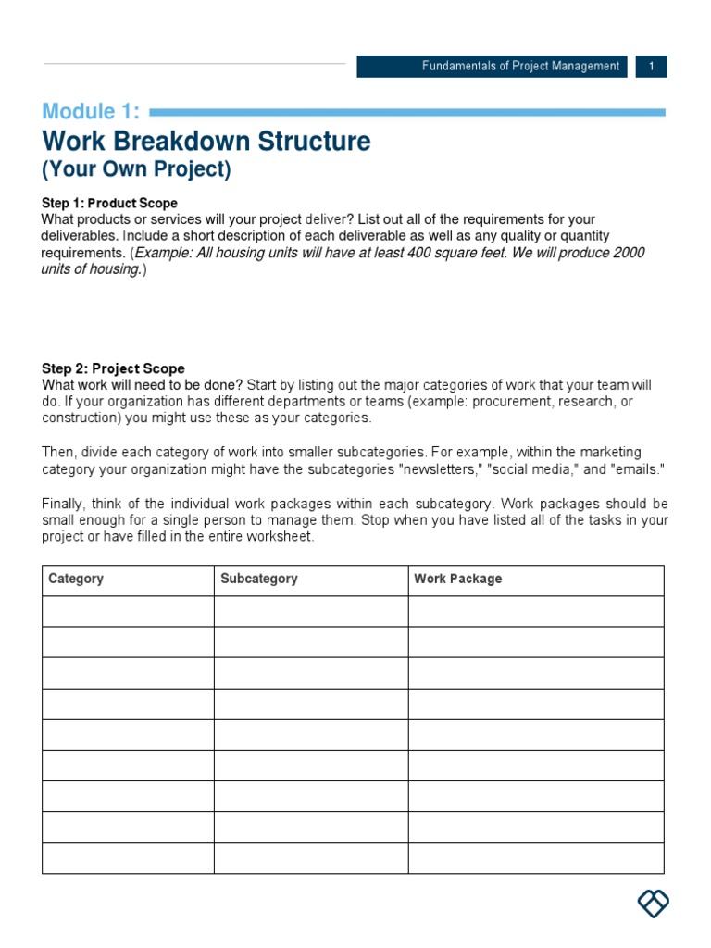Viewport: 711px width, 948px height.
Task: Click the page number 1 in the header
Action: (652, 67)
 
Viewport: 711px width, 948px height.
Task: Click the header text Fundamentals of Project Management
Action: (521, 67)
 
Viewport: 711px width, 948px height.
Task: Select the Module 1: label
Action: (91, 113)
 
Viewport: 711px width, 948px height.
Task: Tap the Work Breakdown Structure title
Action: (206, 142)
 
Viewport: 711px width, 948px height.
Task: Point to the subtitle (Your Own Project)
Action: (136, 170)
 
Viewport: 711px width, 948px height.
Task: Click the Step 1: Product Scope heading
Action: (109, 203)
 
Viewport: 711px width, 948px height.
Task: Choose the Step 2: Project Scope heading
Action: (113, 368)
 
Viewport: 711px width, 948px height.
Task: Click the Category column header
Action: (76, 579)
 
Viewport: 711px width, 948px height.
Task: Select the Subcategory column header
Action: (259, 579)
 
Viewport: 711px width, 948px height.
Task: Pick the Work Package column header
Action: (458, 579)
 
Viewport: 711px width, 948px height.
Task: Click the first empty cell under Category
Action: (128, 611)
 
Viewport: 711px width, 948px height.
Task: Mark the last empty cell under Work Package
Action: (536, 858)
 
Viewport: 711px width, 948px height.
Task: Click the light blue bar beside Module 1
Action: (407, 113)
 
